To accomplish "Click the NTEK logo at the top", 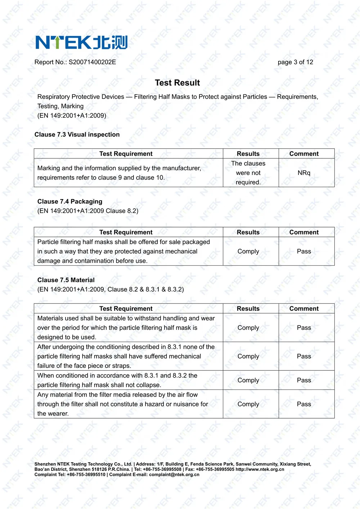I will point(81,42).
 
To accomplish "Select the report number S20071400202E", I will point(92,62).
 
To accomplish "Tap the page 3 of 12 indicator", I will point(295,62).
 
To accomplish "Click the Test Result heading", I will point(177,83).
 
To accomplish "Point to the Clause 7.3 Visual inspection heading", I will point(77,135).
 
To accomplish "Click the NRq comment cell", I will point(304,173).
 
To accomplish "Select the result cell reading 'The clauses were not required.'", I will point(248,173).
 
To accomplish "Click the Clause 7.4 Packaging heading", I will point(70,202).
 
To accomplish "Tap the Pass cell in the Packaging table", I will point(304,251).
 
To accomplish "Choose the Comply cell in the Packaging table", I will point(248,251).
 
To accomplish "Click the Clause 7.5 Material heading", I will point(66,280).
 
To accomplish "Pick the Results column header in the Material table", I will point(248,308).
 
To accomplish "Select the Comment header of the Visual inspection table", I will point(304,154).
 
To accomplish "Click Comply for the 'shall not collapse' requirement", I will point(248,380).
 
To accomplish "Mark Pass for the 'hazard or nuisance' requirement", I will point(304,404).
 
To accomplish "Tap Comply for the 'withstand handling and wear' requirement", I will point(248,328).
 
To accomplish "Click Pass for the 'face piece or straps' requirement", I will point(304,356).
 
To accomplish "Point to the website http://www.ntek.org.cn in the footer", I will point(260,469).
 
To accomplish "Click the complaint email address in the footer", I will point(174,474).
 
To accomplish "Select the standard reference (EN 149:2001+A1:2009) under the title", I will point(72,116).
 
